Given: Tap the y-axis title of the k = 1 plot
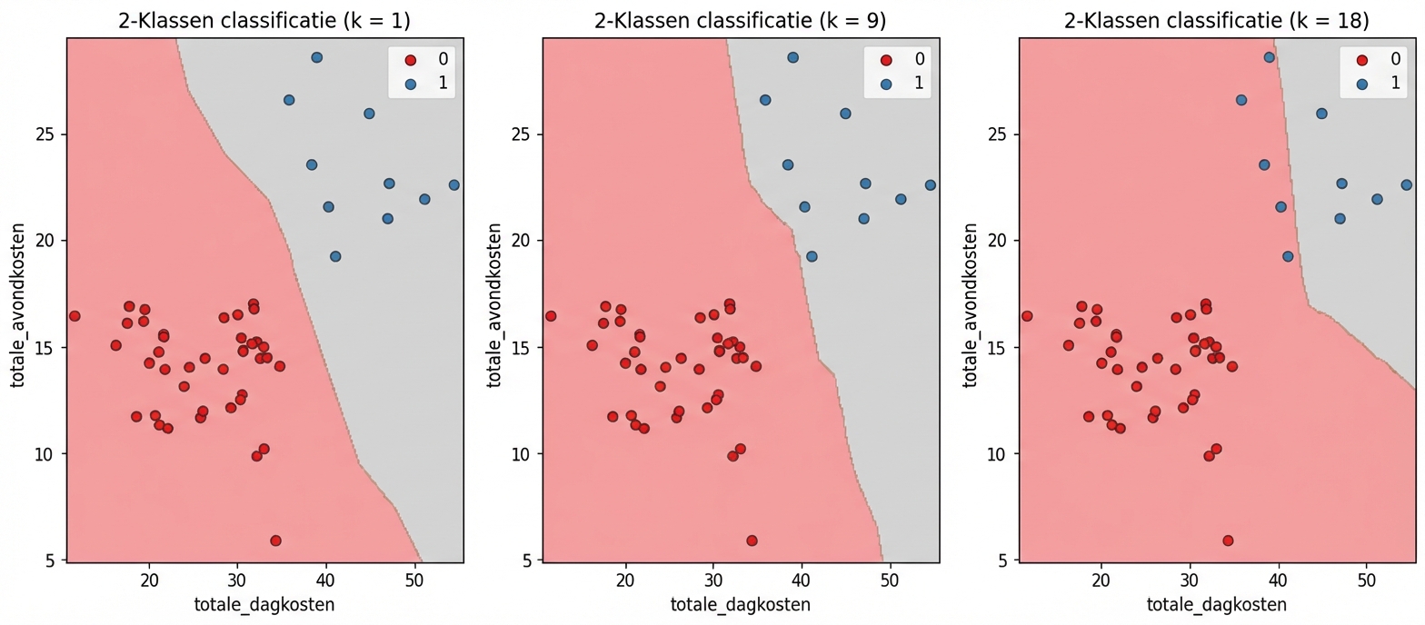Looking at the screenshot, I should tap(18, 299).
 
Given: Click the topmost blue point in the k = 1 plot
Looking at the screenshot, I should tap(316, 57).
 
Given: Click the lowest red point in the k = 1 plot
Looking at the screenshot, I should tap(275, 541).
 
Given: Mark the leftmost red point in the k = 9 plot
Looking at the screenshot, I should tap(551, 316).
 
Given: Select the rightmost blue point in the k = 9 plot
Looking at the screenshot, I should tap(930, 184).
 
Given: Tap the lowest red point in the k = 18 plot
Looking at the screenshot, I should tap(1228, 541).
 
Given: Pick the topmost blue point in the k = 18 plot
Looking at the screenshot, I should tap(1269, 57).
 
